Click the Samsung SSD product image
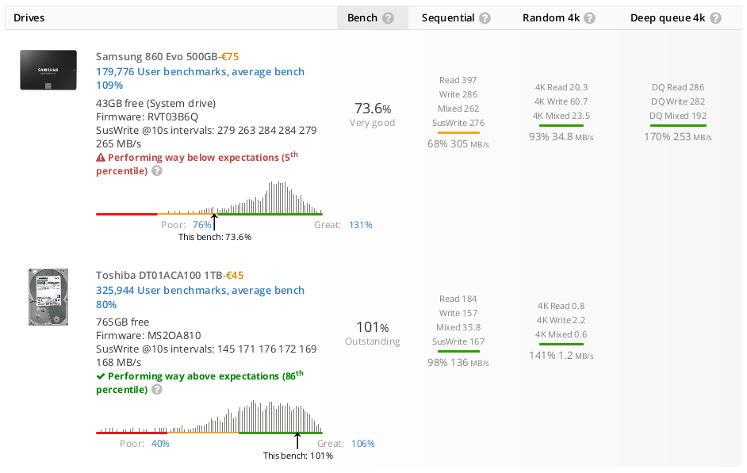point(48,70)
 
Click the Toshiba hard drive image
point(48,297)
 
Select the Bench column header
point(362,18)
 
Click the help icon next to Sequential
point(485,18)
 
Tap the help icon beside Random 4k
point(589,18)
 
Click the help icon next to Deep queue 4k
point(715,18)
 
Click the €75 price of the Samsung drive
point(230,56)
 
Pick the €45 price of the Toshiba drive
point(235,276)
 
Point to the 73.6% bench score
point(373,109)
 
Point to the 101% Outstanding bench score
point(373,327)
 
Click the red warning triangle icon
point(101,158)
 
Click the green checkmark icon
point(101,376)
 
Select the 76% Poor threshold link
point(202,225)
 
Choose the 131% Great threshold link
point(361,225)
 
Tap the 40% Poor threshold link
point(160,444)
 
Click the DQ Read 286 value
point(678,87)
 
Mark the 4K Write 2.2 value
point(561,320)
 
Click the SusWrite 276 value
point(458,123)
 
